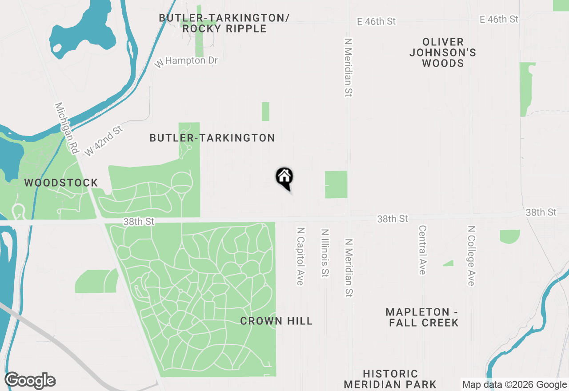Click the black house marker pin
284,178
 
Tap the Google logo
30,380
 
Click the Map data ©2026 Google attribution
514,385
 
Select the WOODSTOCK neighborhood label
61,183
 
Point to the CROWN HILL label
276,321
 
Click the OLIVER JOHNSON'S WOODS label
443,52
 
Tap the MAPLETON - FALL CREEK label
424,317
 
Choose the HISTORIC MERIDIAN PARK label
390,379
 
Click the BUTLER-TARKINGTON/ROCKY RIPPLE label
224,23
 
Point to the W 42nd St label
103,141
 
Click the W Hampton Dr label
186,61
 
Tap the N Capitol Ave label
301,256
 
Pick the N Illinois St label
325,253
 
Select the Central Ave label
422,250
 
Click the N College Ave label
471,255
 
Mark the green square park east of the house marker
336,184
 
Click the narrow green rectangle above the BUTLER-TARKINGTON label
265,112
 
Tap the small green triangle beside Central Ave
449,263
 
